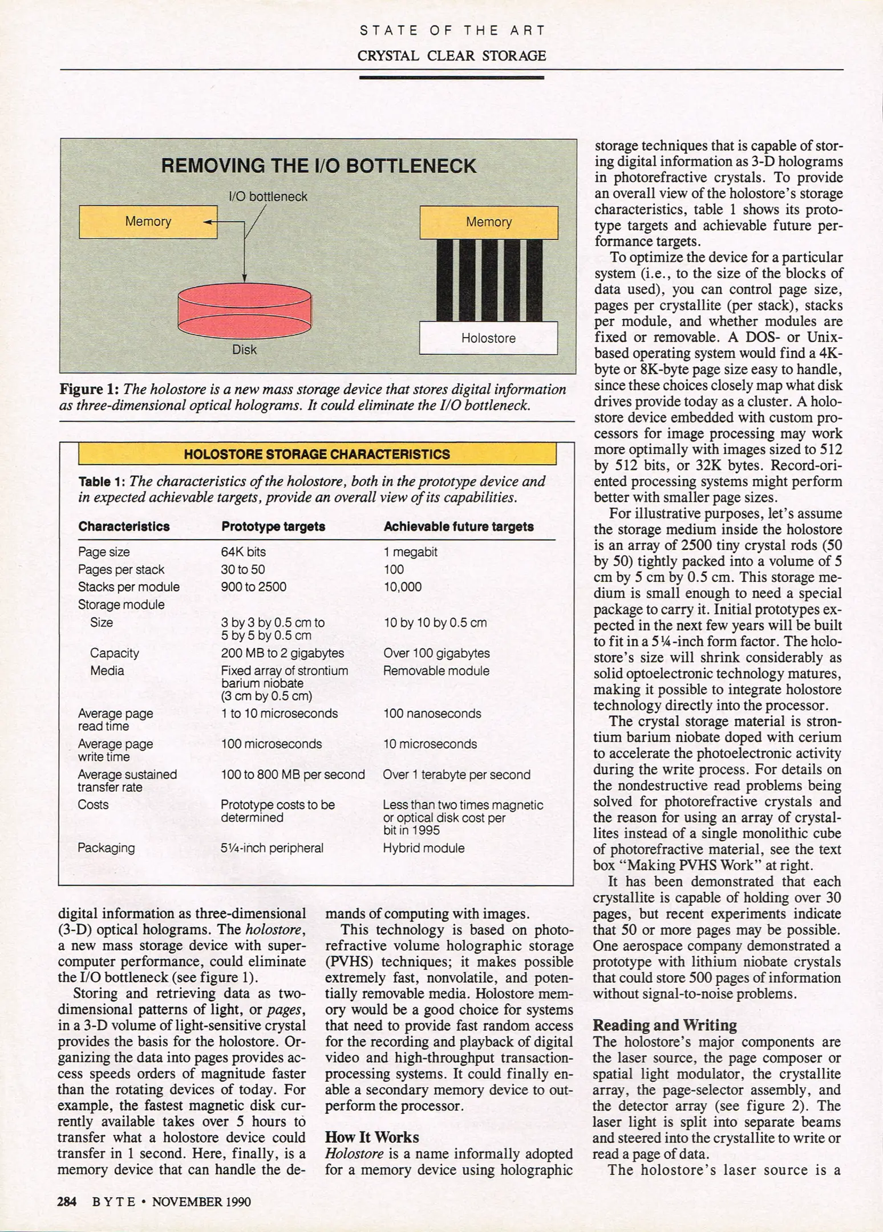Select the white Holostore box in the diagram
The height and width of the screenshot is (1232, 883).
click(488, 338)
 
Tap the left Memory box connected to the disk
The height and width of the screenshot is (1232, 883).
click(148, 222)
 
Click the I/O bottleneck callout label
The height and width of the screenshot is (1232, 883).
click(268, 197)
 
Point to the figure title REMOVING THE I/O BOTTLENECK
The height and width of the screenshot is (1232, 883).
click(318, 166)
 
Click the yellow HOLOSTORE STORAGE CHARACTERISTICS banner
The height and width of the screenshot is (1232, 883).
click(317, 455)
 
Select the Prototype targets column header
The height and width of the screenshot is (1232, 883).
click(273, 526)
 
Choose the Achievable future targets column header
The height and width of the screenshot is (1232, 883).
click(458, 526)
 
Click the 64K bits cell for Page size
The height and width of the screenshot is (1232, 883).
click(243, 552)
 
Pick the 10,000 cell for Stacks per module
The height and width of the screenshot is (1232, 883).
click(402, 587)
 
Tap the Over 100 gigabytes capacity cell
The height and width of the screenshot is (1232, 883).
click(436, 653)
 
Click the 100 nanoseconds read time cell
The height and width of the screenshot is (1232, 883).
click(432, 714)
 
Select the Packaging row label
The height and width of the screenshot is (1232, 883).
click(106, 848)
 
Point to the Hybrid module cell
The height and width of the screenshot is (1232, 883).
click(423, 848)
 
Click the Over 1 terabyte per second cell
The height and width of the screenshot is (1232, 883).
click(456, 775)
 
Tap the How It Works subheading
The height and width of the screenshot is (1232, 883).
click(371, 1137)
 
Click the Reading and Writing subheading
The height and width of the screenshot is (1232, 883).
click(665, 1026)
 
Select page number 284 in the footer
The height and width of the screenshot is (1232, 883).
click(67, 1202)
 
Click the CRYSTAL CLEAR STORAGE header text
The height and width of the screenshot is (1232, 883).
click(451, 56)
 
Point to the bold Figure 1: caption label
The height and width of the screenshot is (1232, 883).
click(89, 390)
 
